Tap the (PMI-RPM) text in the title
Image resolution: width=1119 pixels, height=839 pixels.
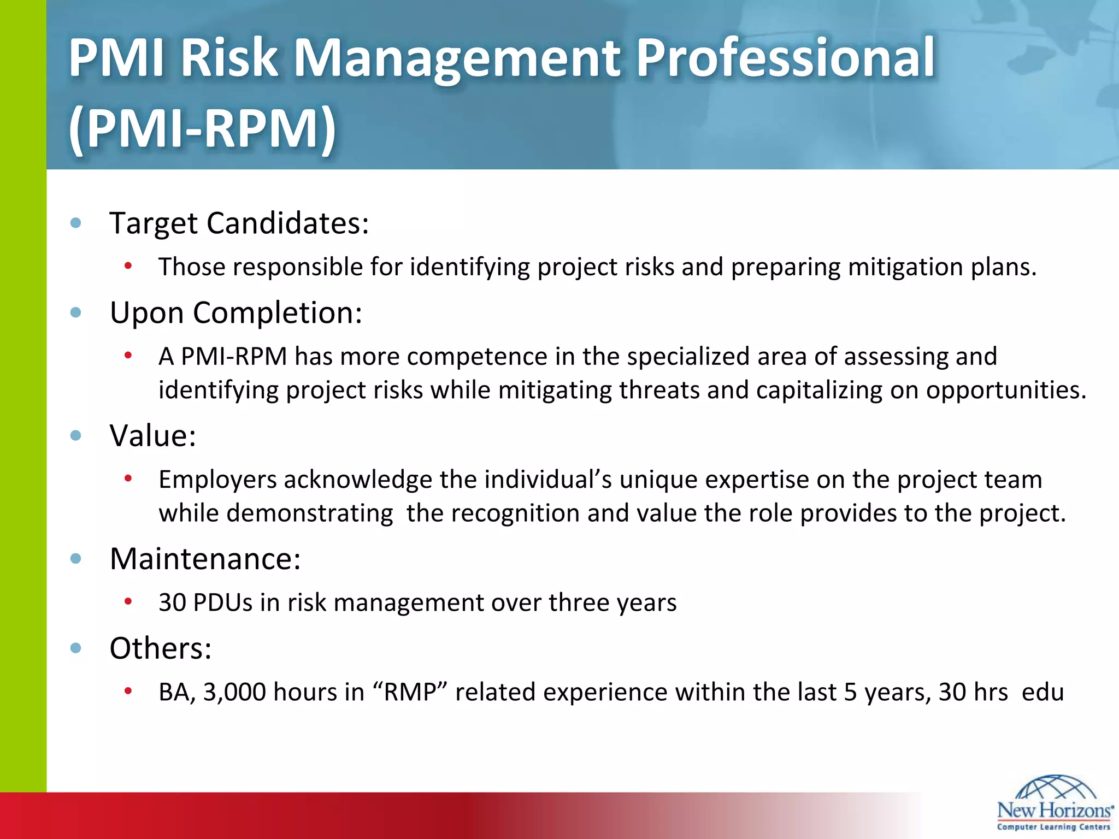(x=202, y=129)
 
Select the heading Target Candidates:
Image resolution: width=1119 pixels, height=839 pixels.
(x=239, y=223)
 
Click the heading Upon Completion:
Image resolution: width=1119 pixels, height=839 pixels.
(x=236, y=313)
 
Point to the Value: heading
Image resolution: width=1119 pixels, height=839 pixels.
(x=152, y=436)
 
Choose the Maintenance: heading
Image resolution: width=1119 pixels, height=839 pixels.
(x=205, y=559)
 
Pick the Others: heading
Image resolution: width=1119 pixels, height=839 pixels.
(x=160, y=649)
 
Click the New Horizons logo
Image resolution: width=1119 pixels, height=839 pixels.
(x=1055, y=803)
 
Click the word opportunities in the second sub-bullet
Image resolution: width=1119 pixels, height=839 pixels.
(x=1005, y=391)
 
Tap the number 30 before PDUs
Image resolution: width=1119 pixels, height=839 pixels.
(x=172, y=603)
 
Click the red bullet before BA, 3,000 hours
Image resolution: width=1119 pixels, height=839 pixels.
(x=128, y=691)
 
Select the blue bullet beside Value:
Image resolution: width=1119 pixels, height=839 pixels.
(x=76, y=435)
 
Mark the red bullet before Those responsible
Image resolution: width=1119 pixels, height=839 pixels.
(x=128, y=266)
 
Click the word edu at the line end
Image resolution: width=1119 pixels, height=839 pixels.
(x=1043, y=692)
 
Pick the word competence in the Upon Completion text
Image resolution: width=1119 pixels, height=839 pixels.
(x=476, y=357)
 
